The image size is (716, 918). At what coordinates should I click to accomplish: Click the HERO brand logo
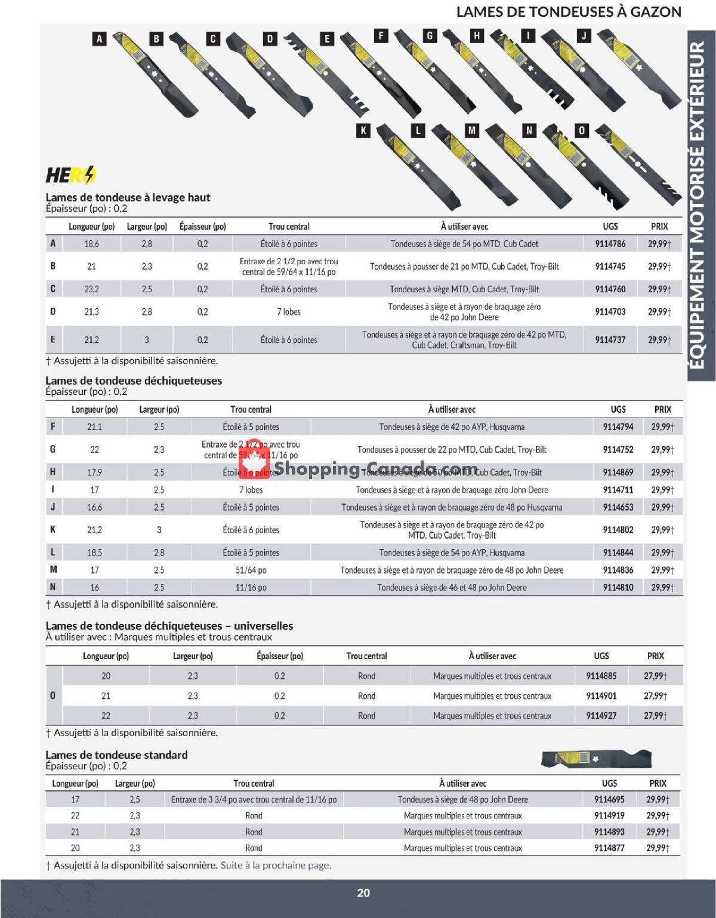coord(70,175)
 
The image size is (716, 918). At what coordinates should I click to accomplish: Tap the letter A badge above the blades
coord(99,39)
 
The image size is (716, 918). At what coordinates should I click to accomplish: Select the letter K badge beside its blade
coord(363,131)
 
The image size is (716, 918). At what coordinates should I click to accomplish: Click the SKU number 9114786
coord(610,244)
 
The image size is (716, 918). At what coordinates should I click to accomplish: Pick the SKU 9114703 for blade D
coord(610,312)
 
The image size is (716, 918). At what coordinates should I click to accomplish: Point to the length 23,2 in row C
coord(91,289)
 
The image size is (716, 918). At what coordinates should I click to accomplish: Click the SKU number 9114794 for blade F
coord(618,427)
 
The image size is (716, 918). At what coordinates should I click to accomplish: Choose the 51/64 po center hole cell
coord(251,570)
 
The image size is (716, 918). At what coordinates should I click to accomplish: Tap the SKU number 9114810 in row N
coord(618,588)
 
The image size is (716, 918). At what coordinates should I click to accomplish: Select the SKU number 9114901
coord(601,696)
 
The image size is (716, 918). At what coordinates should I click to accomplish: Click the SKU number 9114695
coord(609,800)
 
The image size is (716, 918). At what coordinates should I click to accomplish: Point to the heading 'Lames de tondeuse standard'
coord(116,755)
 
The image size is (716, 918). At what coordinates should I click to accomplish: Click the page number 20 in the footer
coord(363,893)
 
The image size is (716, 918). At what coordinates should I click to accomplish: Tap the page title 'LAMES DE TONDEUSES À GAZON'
coord(568,12)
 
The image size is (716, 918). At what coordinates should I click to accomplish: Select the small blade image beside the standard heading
coord(595,759)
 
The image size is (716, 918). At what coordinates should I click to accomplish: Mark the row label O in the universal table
coord(53,696)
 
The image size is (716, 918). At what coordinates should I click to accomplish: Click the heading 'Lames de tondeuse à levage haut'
coord(128,197)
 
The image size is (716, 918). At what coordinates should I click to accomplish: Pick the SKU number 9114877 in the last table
coord(609,848)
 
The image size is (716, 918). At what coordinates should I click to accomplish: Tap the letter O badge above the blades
coord(582,131)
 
